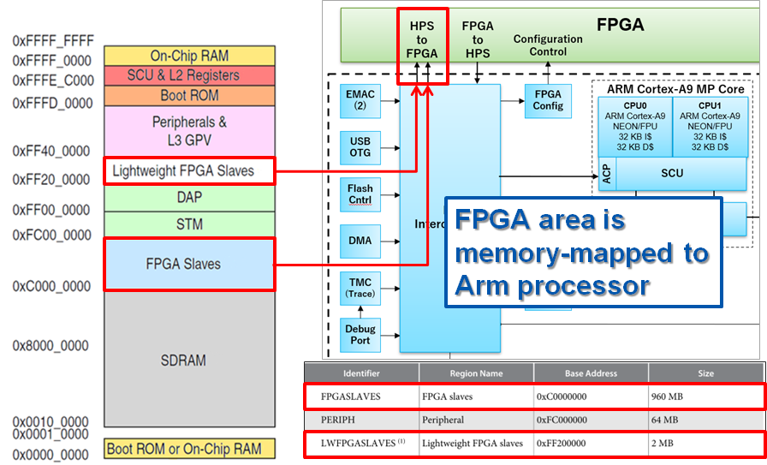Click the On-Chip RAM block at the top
click(189, 56)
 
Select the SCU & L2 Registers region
click(189, 75)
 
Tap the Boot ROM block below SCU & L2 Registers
click(189, 95)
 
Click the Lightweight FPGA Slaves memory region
click(188, 170)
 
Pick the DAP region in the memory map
click(189, 198)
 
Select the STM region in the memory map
click(189, 224)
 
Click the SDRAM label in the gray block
click(183, 360)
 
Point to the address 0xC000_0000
click(51, 286)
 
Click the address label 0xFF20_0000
click(51, 180)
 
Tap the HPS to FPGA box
click(422, 40)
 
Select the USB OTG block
click(360, 146)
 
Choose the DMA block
click(360, 241)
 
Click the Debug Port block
click(360, 335)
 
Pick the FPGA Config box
click(548, 100)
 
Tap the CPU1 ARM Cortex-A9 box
click(709, 127)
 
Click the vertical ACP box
click(606, 175)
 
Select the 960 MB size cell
click(705, 397)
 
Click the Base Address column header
click(591, 373)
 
